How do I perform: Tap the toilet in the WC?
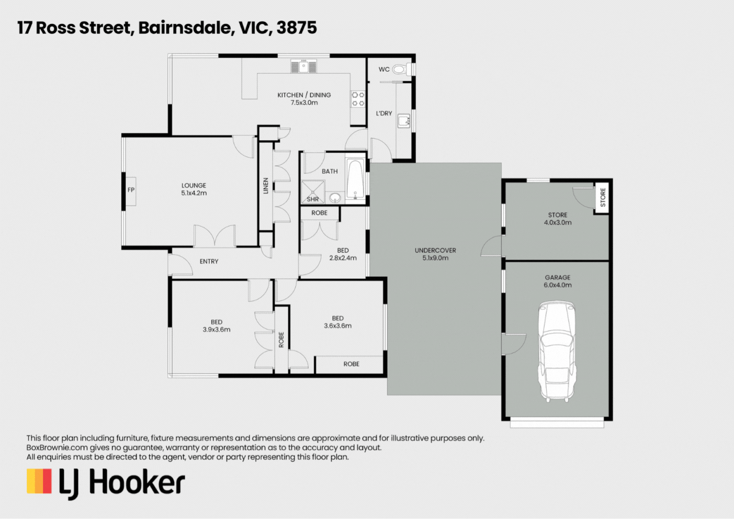pos(402,69)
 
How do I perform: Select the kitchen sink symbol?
pos(303,66)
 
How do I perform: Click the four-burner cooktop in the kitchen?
pos(358,99)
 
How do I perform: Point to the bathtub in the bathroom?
pos(355,179)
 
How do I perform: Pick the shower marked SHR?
pos(313,191)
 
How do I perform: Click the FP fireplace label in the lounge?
pos(131,190)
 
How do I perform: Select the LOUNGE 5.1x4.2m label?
pos(194,189)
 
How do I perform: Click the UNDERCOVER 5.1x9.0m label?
pos(435,254)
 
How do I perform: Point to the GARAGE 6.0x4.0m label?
pos(557,281)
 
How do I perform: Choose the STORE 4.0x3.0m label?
pos(557,218)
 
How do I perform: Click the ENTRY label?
pos(209,261)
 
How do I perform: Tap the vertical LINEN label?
pos(266,186)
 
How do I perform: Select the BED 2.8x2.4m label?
pos(343,254)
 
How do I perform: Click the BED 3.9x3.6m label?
pos(217,325)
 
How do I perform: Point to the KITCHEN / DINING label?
pos(304,95)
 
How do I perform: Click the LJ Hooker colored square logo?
pos(39,481)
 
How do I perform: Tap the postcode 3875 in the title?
pos(297,27)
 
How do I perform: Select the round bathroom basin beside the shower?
pos(335,198)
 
